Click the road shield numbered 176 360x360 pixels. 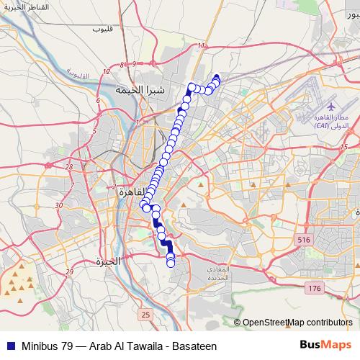click(315, 288)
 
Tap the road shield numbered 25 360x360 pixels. click(146, 315)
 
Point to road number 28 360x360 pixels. click(69, 166)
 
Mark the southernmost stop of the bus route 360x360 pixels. click(171, 264)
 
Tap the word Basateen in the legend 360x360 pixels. click(192, 346)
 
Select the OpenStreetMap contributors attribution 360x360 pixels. click(297, 323)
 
